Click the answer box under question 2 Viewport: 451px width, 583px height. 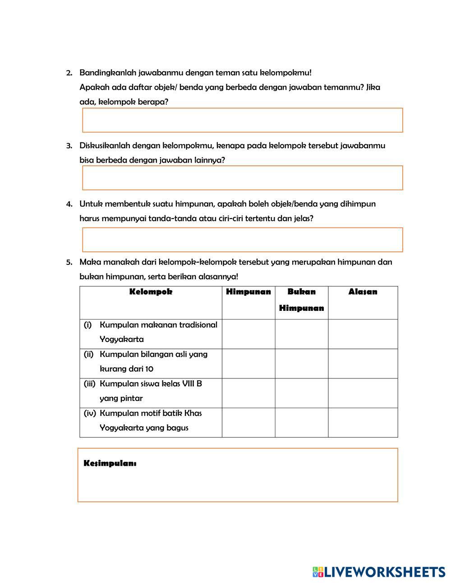(242, 120)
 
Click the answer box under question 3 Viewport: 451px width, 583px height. (242, 178)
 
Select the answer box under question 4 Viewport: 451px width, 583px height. (242, 240)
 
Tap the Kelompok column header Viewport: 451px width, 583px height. (151, 292)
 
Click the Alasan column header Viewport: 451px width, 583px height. (363, 292)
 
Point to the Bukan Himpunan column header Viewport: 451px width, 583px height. (301, 300)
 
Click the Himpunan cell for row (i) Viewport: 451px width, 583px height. (249, 334)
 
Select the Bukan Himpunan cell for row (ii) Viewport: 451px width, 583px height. (301, 364)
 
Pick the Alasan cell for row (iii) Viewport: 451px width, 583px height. (363, 393)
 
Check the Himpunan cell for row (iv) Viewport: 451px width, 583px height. (249, 423)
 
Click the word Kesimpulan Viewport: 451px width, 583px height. (110, 464)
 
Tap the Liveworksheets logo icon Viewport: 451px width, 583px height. (318, 572)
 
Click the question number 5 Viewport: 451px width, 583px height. (69, 262)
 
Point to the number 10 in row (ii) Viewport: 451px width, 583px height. (149, 369)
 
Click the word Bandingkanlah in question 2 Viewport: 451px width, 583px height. (108, 73)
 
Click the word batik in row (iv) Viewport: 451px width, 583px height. (172, 413)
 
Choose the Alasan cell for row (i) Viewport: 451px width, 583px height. (363, 334)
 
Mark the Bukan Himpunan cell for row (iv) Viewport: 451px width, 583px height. (301, 423)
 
